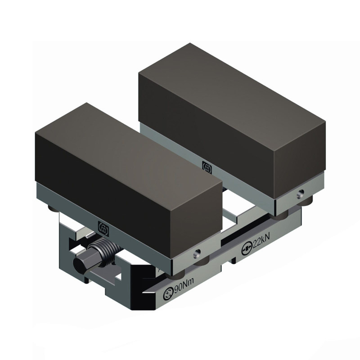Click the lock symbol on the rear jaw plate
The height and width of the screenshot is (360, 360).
tap(207, 167)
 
